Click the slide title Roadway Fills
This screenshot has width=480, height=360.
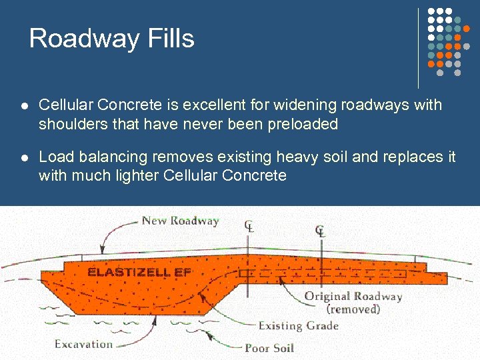(111, 39)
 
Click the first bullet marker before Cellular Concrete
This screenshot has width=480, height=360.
(24, 106)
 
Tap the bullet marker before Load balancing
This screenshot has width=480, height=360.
(24, 158)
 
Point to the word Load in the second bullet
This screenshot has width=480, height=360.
(54, 157)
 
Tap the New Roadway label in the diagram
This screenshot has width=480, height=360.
(180, 221)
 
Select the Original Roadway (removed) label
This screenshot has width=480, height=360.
(353, 303)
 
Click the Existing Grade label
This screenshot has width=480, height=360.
(299, 326)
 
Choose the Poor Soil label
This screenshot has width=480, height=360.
(269, 347)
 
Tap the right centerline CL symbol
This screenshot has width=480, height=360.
(321, 231)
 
